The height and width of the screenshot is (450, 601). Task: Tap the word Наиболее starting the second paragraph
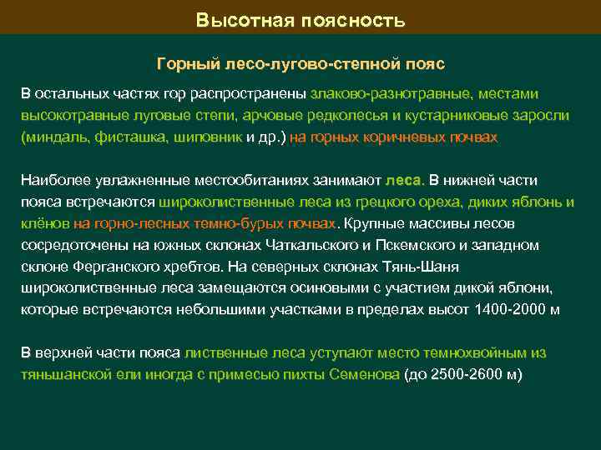point(53,180)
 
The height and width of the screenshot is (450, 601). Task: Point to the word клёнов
point(43,223)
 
